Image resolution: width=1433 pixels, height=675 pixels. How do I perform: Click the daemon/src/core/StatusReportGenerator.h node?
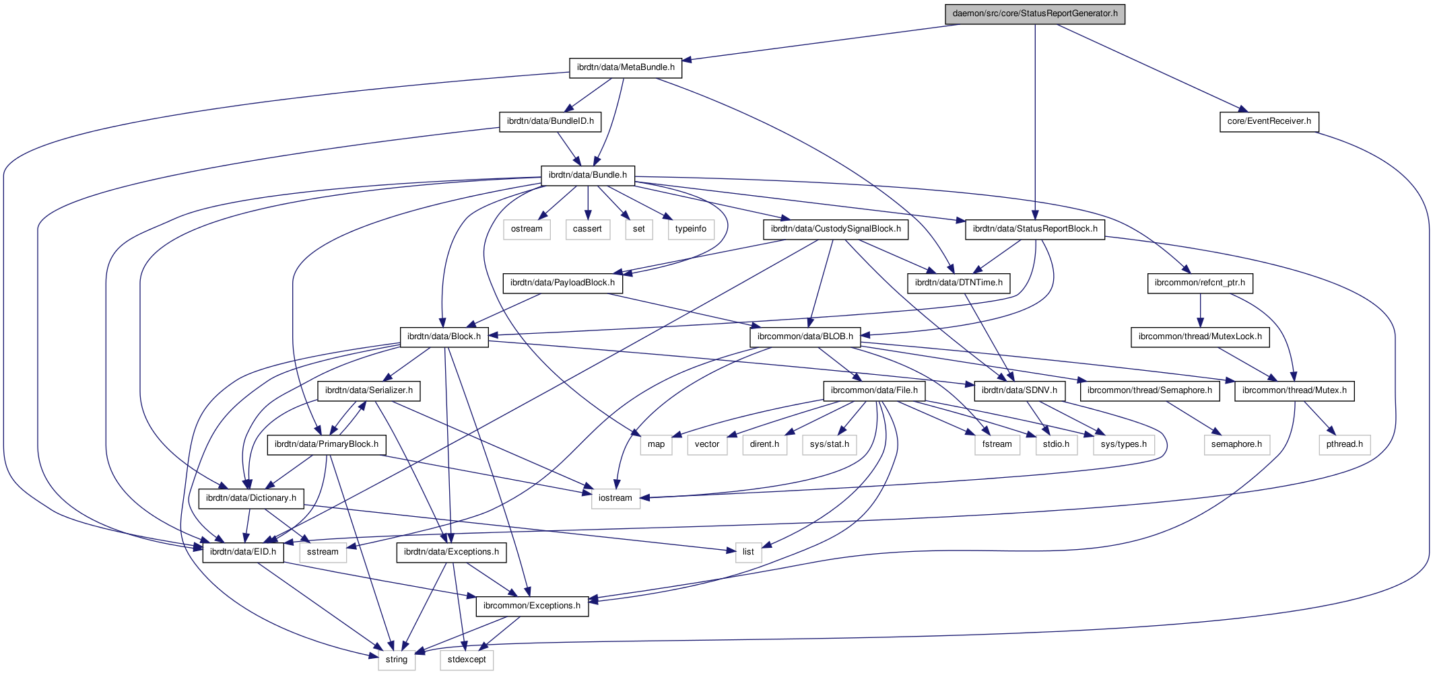pyautogui.click(x=1034, y=13)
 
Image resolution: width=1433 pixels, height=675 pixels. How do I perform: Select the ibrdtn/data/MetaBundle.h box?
pyautogui.click(x=626, y=67)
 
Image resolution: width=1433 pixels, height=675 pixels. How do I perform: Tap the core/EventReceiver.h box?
pyautogui.click(x=1269, y=121)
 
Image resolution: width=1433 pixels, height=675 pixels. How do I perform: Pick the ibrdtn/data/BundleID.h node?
pyautogui.click(x=550, y=121)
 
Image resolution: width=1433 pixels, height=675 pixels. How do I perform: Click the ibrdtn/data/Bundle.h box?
pyautogui.click(x=587, y=175)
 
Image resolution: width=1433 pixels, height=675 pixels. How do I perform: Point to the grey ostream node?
pyautogui.click(x=527, y=229)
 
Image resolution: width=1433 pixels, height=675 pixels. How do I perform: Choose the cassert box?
pyautogui.click(x=587, y=229)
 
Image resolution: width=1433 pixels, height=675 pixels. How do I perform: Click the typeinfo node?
pyautogui.click(x=691, y=229)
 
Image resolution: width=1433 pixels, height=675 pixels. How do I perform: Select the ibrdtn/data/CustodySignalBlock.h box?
pyautogui.click(x=836, y=229)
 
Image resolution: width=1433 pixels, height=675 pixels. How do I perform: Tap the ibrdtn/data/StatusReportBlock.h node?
pyautogui.click(x=1035, y=229)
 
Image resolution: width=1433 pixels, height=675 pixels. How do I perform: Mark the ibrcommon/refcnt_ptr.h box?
pyautogui.click(x=1199, y=283)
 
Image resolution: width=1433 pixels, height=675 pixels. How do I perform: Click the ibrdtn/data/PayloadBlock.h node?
pyautogui.click(x=562, y=283)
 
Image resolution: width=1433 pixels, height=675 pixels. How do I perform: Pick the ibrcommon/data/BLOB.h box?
pyautogui.click(x=805, y=336)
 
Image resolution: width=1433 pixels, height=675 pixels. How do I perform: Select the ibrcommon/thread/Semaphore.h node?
pyautogui.click(x=1149, y=390)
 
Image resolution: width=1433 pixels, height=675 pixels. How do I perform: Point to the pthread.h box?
pyautogui.click(x=1344, y=444)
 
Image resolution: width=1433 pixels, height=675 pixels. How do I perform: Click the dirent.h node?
pyautogui.click(x=764, y=444)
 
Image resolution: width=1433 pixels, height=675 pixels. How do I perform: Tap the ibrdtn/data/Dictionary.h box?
pyautogui.click(x=251, y=498)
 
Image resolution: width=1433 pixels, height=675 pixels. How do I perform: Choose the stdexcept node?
pyautogui.click(x=467, y=660)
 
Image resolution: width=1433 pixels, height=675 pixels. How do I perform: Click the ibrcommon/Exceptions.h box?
pyautogui.click(x=532, y=606)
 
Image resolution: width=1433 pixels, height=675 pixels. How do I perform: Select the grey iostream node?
pyautogui.click(x=615, y=498)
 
